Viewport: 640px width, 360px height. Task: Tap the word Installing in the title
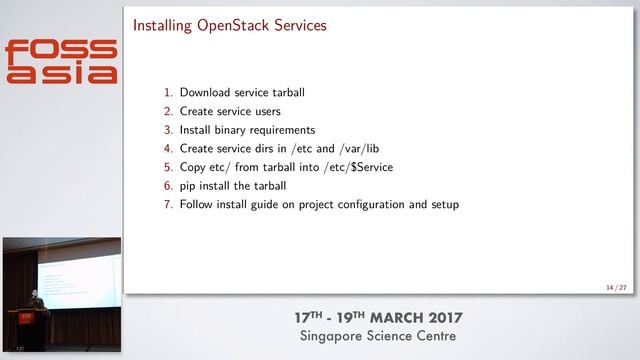[165, 25]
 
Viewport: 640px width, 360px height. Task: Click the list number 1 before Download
[169, 93]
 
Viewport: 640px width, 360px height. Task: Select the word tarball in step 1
[285, 93]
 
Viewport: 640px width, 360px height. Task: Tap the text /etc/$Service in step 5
[357, 167]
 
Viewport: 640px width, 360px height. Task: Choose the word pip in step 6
[188, 186]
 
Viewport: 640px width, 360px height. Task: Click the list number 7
[169, 204]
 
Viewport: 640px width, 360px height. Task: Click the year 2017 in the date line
[441, 318]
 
